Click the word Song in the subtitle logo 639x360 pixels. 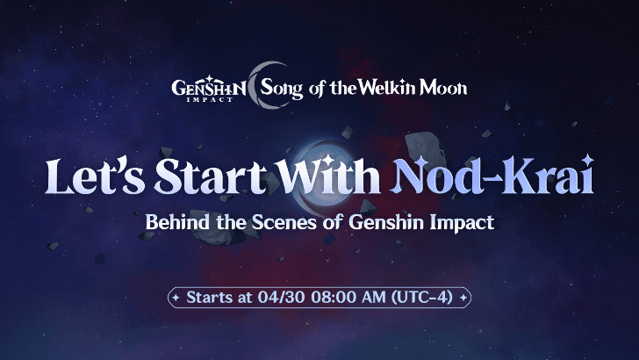[x=283, y=89]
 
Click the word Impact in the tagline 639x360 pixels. [x=463, y=222]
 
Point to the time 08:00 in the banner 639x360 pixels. [x=329, y=297]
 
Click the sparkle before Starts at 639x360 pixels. [x=176, y=297]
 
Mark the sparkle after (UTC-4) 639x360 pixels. [x=463, y=297]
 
